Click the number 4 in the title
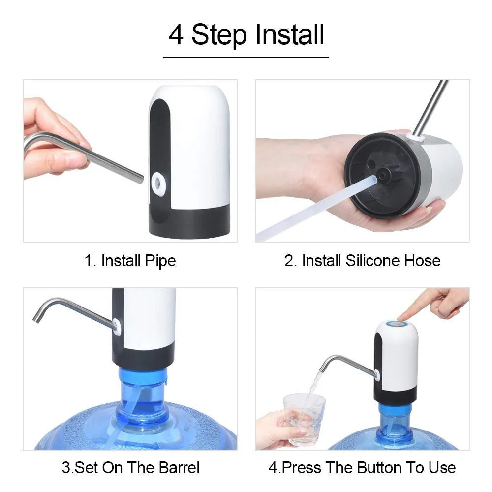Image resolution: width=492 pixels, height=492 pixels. pyautogui.click(x=176, y=35)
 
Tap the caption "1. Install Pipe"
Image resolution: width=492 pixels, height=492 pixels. pyautogui.click(x=130, y=260)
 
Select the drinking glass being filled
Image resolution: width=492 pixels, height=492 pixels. pyautogui.click(x=304, y=418)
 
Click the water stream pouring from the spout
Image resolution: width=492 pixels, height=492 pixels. pyautogui.click(x=312, y=389)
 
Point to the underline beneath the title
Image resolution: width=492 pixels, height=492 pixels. pyautogui.click(x=246, y=57)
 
